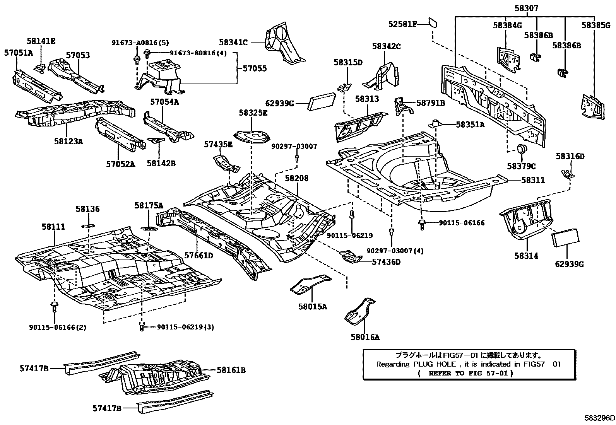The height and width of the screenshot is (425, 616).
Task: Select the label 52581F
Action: [x=402, y=24]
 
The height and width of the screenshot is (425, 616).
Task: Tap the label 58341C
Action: [x=233, y=42]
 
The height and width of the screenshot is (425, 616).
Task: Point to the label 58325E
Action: [x=253, y=113]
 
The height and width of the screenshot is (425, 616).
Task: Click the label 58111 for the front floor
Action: [x=53, y=227]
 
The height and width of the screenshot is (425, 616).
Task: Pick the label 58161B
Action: [x=231, y=370]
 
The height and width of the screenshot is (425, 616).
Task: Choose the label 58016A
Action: [x=365, y=337]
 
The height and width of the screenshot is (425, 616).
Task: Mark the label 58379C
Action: [x=522, y=166]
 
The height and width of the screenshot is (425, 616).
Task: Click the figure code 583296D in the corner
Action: [x=599, y=418]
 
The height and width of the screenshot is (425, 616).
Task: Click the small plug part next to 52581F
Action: [x=432, y=23]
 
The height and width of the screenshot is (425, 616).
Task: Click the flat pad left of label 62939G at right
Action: [x=566, y=237]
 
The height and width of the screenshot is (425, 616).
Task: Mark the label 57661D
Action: [x=198, y=256]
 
